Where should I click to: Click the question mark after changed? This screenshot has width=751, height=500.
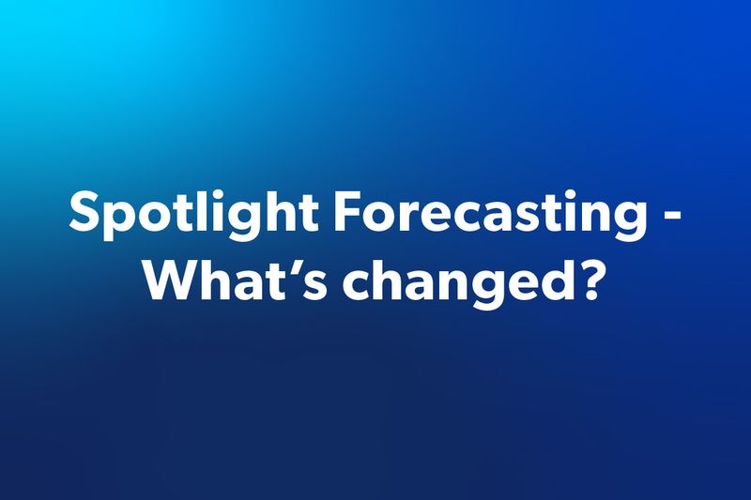click(x=585, y=279)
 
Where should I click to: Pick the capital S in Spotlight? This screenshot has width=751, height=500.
click(x=85, y=215)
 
